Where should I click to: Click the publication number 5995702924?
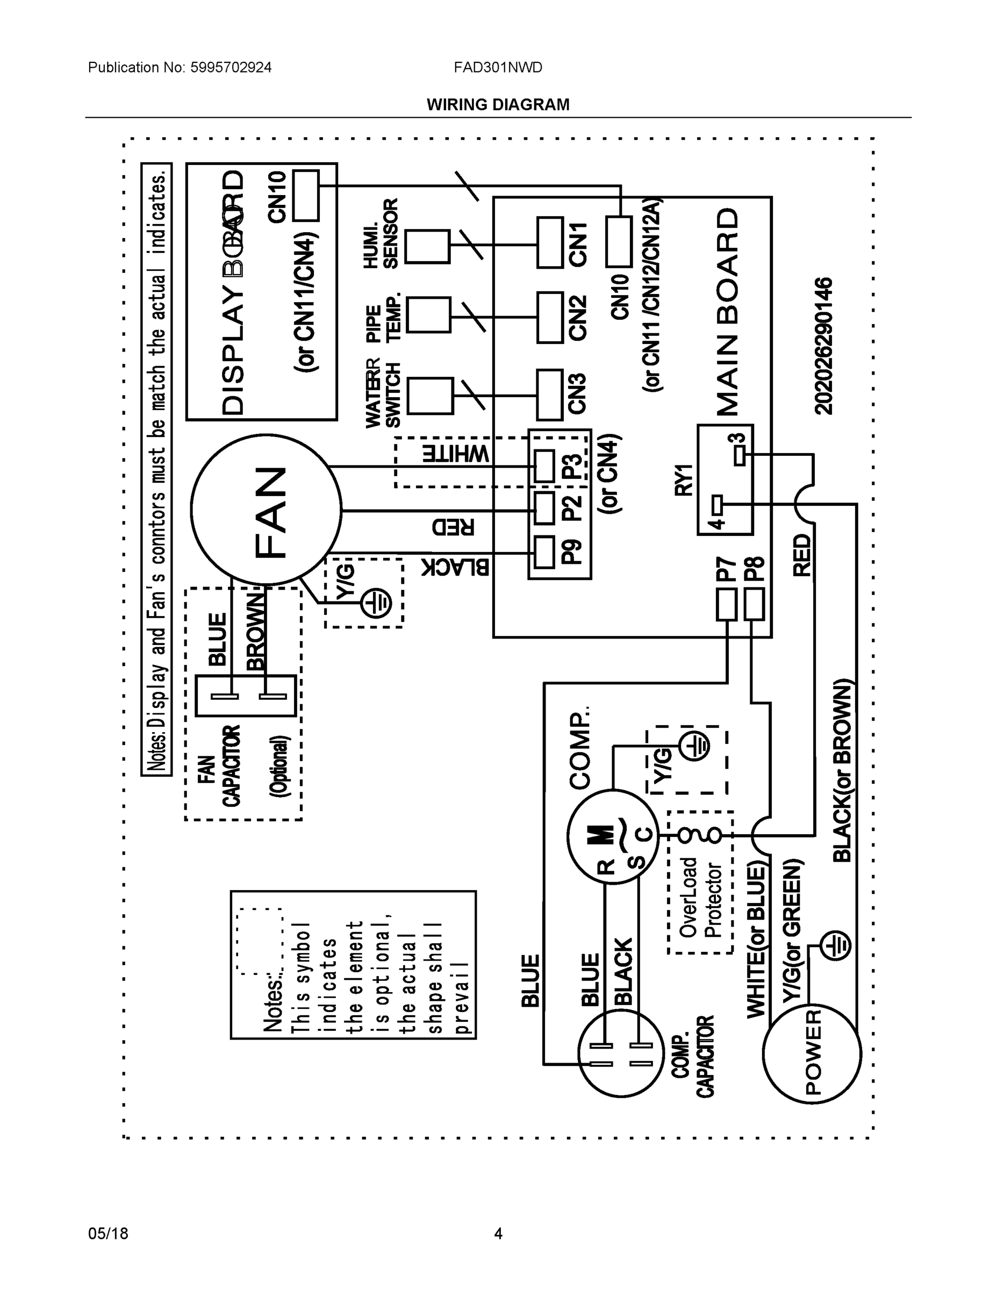231,67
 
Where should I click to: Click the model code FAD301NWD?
497,67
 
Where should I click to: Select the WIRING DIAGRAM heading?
498,105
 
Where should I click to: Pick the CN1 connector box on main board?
549,243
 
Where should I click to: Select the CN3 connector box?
549,395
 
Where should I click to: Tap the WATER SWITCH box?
430,396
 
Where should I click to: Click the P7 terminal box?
727,604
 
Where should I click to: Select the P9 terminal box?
544,553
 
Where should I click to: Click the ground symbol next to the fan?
376,603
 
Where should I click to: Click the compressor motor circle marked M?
613,836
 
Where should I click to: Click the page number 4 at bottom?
498,1234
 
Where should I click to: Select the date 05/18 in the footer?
108,1234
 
